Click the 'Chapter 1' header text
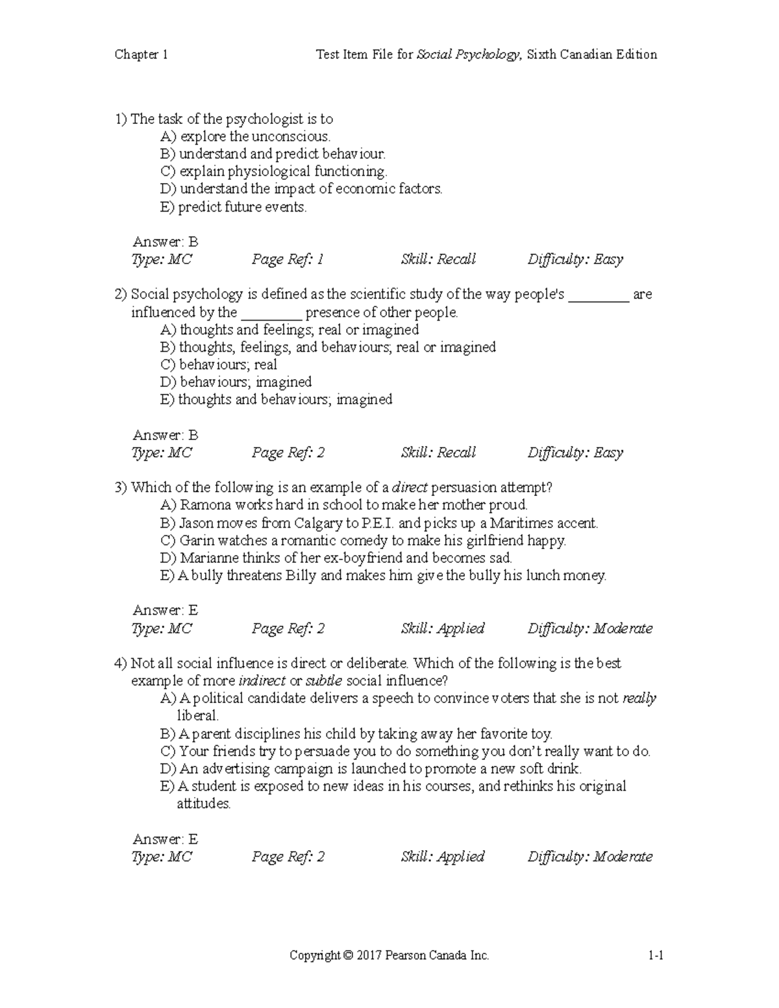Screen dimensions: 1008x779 coord(141,55)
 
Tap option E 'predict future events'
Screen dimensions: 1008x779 coord(233,207)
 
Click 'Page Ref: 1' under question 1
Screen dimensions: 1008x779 coord(287,260)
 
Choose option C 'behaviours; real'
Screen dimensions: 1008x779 coord(219,365)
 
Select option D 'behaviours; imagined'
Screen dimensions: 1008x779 coord(236,382)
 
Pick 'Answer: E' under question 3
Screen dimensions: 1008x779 coord(165,610)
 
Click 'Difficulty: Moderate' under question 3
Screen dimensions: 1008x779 coord(589,628)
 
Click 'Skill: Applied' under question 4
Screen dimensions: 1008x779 coord(442,857)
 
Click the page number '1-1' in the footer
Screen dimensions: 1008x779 coord(655,955)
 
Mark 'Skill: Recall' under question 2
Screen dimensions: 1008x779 coord(438,453)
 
